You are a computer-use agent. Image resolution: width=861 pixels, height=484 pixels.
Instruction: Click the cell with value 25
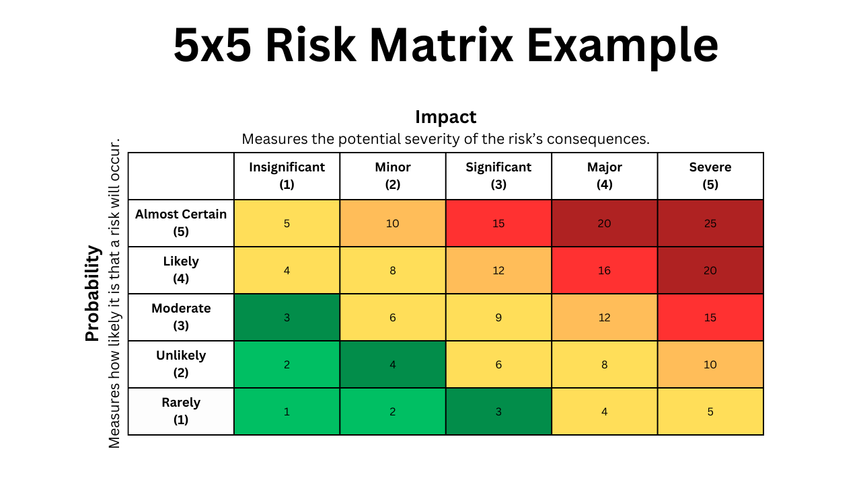pyautogui.click(x=710, y=223)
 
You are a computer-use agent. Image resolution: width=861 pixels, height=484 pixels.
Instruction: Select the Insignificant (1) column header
pyautogui.click(x=287, y=176)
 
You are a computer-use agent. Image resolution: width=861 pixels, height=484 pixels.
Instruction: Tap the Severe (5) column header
pyautogui.click(x=710, y=176)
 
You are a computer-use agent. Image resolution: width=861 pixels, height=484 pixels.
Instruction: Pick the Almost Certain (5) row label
pyautogui.click(x=181, y=223)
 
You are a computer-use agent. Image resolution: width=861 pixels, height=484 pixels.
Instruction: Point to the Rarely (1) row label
pyautogui.click(x=181, y=411)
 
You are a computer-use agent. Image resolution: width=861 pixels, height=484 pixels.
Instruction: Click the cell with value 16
pyautogui.click(x=604, y=270)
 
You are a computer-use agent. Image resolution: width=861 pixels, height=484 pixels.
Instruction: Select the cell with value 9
pyautogui.click(x=498, y=317)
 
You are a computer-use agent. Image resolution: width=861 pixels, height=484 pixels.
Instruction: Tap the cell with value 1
pyautogui.click(x=287, y=411)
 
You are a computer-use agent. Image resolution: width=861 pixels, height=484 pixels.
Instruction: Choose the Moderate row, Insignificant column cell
pyautogui.click(x=287, y=317)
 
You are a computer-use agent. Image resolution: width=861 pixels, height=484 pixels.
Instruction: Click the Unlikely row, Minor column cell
pyautogui.click(x=393, y=364)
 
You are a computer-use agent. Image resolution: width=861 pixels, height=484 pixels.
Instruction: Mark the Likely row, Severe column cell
pyautogui.click(x=710, y=270)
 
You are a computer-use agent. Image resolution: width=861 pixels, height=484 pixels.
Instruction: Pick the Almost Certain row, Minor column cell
pyautogui.click(x=393, y=223)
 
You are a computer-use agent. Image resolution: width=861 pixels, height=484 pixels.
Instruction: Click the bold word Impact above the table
pyautogui.click(x=445, y=117)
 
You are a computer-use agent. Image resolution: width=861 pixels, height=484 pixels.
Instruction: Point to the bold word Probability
pyautogui.click(x=93, y=294)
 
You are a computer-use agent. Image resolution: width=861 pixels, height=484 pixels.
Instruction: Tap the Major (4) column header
pyautogui.click(x=604, y=176)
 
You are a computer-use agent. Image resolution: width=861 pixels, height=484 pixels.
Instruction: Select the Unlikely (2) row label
pyautogui.click(x=181, y=364)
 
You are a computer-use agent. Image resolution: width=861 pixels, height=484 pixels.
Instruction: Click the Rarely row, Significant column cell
pyautogui.click(x=498, y=411)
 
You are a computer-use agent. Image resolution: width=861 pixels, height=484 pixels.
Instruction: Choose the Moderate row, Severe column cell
pyautogui.click(x=710, y=317)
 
